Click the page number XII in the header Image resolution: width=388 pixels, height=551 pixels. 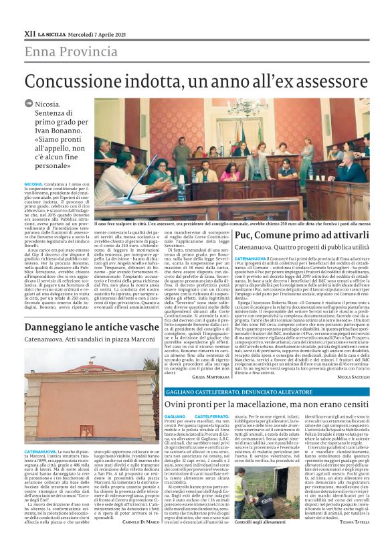click(x=29, y=32)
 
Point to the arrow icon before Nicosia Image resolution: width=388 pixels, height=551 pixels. click(x=29, y=104)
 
